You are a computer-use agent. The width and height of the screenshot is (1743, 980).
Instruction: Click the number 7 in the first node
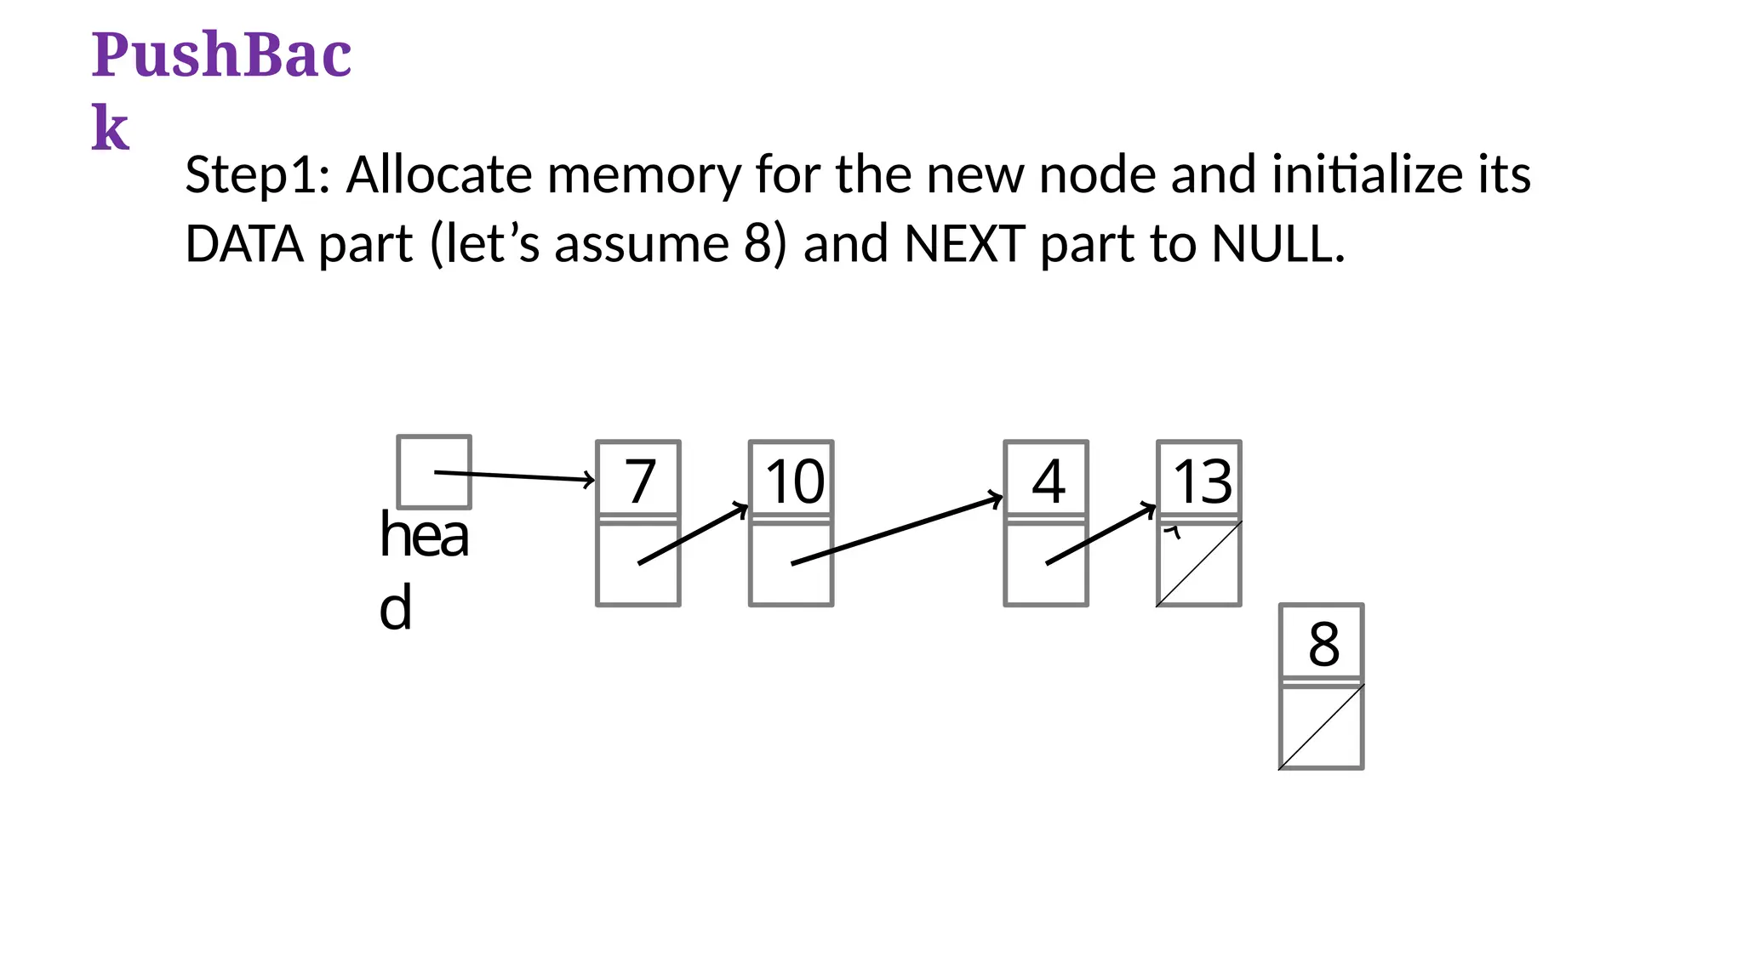[x=640, y=481]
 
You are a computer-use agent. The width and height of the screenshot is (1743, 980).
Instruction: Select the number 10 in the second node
[x=794, y=481]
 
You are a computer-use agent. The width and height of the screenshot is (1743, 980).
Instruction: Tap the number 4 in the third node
[x=1048, y=481]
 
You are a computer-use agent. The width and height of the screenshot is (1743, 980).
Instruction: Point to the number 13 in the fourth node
[x=1202, y=481]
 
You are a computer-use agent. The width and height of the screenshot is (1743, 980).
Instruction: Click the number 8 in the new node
[x=1323, y=644]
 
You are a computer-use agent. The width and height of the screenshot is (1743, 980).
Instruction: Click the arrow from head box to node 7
[x=515, y=476]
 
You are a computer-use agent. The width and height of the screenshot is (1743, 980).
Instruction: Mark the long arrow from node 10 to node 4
[x=896, y=530]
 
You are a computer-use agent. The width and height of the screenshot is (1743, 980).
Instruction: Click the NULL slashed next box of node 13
[x=1199, y=563]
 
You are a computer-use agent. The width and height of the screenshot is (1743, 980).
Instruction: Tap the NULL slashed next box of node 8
[x=1322, y=726]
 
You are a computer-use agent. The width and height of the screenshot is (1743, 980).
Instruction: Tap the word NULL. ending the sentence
[x=1277, y=244]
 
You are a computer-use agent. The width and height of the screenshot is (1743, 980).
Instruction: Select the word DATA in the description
[x=244, y=244]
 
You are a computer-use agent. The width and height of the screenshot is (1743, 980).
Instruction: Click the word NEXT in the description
[x=964, y=244]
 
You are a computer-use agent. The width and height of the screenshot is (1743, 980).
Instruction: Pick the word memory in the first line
[x=644, y=175]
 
